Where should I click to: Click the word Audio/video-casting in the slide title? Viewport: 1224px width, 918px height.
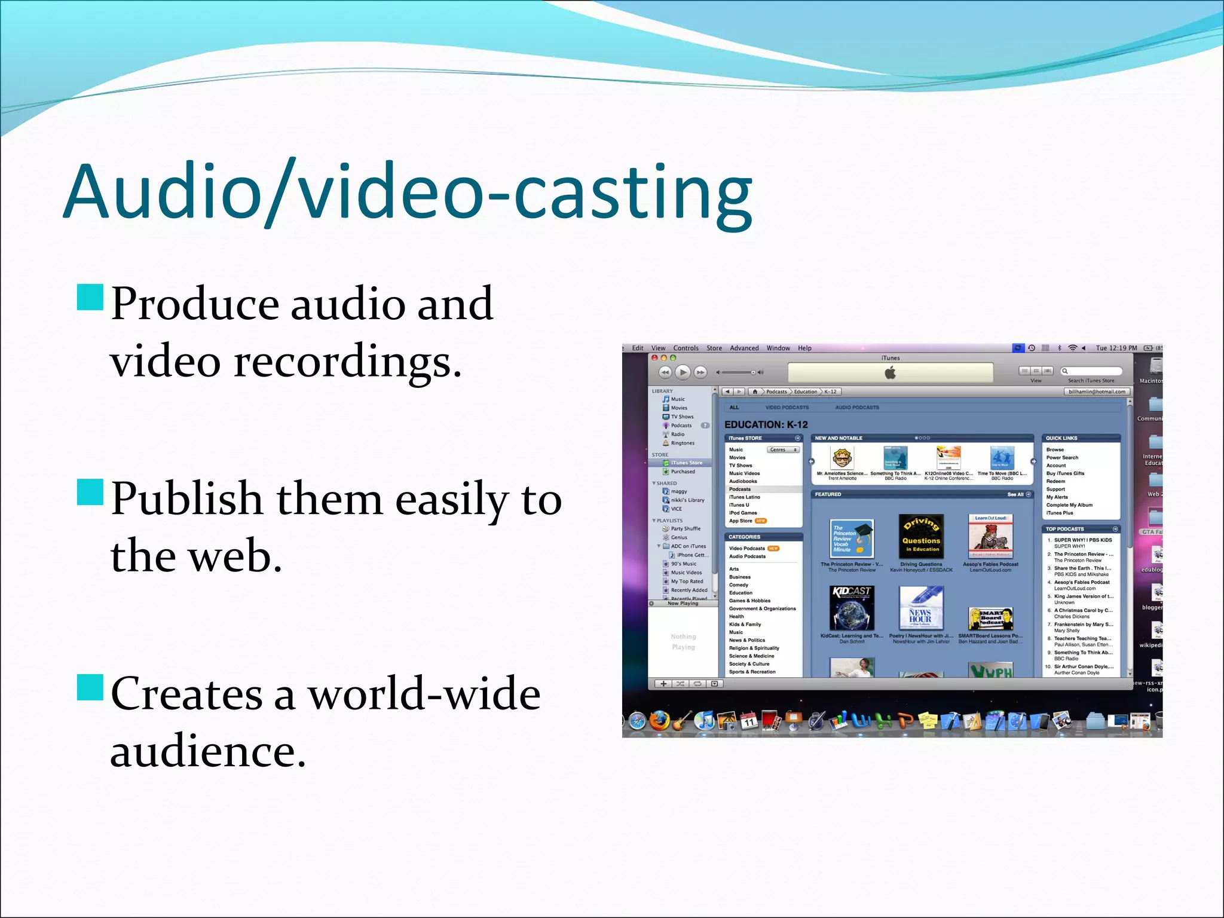[408, 192]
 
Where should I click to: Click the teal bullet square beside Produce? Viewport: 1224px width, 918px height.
[90, 297]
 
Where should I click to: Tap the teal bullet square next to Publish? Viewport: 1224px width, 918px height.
[90, 492]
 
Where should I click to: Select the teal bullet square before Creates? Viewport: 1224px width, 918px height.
[90, 687]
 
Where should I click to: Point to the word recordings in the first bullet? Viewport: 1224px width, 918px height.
[347, 362]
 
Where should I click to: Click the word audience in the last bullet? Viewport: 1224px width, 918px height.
[207, 752]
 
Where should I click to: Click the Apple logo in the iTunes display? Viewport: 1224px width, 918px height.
[890, 373]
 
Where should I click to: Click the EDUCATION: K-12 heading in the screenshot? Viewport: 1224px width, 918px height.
[766, 424]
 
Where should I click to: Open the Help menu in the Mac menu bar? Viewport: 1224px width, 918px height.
[804, 348]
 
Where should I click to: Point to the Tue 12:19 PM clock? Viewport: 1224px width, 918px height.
[1116, 348]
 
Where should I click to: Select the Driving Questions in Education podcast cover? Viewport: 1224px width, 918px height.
[921, 537]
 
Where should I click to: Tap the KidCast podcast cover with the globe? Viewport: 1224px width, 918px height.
[852, 608]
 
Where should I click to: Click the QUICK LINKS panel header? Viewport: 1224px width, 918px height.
[1061, 438]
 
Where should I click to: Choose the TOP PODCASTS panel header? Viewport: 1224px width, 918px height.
[1064, 529]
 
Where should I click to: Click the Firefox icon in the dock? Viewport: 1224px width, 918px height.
[659, 721]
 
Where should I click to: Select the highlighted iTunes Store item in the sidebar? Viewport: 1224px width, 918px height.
[686, 463]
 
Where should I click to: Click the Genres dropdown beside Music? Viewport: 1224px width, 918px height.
[782, 449]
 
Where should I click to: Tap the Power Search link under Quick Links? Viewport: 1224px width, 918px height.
[1062, 458]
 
